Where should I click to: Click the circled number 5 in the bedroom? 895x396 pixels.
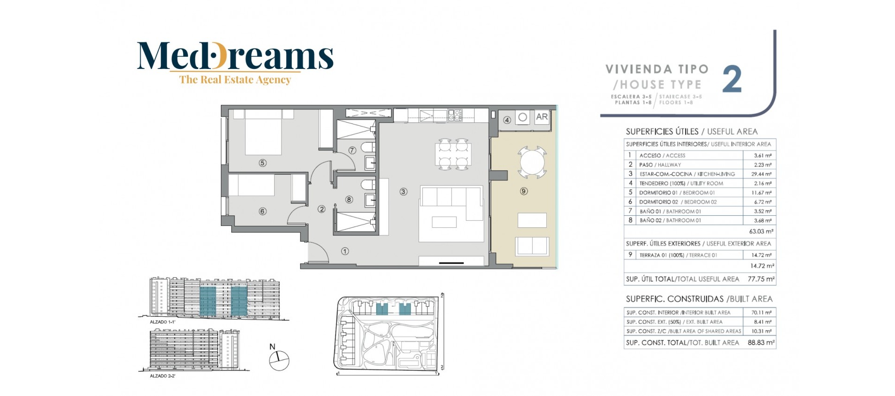click(262, 163)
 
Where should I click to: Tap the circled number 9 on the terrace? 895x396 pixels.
click(524, 191)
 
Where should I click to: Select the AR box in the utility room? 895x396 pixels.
click(542, 117)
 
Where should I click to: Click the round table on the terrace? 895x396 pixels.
click(532, 162)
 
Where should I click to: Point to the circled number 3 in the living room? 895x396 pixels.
click(403, 191)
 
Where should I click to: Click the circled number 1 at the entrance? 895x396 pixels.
click(345, 251)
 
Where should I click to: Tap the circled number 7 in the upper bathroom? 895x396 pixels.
click(352, 150)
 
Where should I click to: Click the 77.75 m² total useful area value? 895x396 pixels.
click(761, 279)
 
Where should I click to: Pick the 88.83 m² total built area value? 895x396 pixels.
click(761, 342)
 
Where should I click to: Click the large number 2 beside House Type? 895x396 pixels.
click(732, 80)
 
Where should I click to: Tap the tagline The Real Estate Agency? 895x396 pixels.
click(235, 80)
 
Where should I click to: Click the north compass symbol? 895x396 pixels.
click(279, 361)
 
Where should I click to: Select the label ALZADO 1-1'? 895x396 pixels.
click(163, 322)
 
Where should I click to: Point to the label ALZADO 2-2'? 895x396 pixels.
click(163, 376)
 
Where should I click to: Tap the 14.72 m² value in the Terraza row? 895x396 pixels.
click(761, 255)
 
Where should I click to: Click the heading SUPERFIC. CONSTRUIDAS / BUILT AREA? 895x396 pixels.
click(699, 299)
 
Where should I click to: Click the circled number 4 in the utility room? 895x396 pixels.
click(507, 120)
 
